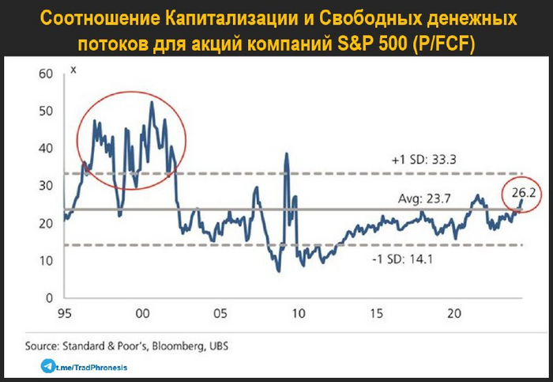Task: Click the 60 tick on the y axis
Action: (44, 74)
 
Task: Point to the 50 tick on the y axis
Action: (44, 111)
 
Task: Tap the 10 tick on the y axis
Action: (45, 260)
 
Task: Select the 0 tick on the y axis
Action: (47, 297)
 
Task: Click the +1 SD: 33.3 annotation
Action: (424, 159)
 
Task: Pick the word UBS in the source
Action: (222, 346)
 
